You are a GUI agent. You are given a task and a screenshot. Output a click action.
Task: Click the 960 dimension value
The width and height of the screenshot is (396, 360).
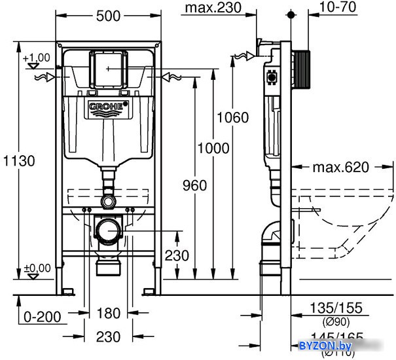193,185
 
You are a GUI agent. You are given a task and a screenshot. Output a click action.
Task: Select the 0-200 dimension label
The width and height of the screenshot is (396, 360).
42,317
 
